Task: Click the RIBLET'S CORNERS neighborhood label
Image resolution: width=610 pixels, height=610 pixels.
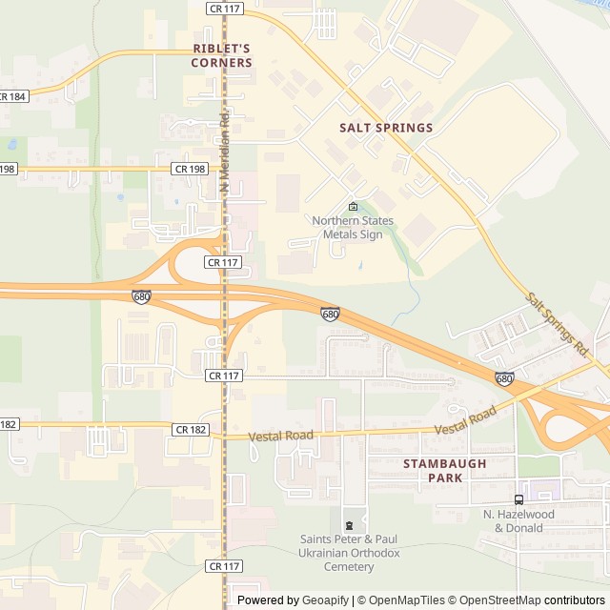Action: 222,55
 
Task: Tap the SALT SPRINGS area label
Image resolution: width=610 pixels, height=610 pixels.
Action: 386,127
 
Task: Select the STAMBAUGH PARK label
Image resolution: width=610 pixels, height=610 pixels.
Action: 444,470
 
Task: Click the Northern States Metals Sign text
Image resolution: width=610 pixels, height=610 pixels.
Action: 353,228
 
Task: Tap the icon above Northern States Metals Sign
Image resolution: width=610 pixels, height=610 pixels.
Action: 353,207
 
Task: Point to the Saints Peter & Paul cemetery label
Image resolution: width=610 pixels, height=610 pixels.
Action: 349,553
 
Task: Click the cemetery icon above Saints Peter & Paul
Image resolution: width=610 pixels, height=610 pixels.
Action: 349,525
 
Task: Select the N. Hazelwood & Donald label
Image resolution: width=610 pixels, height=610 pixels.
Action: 518,520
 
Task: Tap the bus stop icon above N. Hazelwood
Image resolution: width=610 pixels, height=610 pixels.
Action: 518,499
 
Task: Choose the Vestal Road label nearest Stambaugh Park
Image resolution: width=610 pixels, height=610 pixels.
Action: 467,422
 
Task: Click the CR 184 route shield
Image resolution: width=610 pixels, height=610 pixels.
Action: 11,96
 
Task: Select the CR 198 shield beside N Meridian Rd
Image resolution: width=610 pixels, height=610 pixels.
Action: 190,169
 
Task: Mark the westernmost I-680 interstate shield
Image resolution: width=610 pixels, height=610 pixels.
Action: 141,297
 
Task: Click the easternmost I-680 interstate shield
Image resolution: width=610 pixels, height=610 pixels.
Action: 504,378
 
